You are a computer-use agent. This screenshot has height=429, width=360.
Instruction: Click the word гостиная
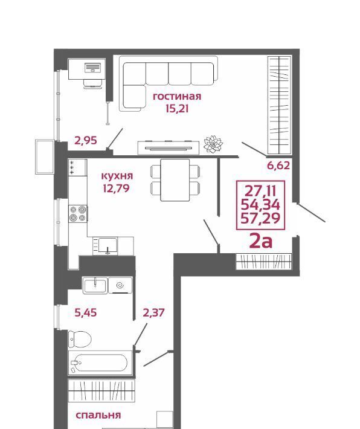(177, 97)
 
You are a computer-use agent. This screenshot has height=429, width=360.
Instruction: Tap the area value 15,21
(177, 109)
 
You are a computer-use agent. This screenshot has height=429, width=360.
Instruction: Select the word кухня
(117, 176)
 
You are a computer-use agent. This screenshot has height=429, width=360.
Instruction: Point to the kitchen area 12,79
(116, 189)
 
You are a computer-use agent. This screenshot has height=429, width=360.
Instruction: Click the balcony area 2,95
(86, 140)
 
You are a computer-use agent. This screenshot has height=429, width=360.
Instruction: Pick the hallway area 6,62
(278, 166)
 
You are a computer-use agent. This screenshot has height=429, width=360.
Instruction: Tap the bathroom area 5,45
(86, 312)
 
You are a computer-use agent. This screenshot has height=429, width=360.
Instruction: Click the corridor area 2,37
(154, 312)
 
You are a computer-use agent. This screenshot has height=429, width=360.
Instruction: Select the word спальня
(98, 415)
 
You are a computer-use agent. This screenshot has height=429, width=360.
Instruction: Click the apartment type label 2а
(261, 241)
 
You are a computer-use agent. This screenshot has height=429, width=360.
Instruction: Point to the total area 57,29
(260, 218)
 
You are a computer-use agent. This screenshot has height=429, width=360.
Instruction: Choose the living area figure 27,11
(260, 191)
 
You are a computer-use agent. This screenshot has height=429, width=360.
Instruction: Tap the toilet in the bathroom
(80, 339)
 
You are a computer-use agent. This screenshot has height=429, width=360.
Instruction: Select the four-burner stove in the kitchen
(78, 213)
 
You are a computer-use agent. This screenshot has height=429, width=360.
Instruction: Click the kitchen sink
(108, 245)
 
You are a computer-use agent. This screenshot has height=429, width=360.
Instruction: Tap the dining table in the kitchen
(175, 180)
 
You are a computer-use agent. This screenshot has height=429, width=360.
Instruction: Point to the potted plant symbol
(213, 144)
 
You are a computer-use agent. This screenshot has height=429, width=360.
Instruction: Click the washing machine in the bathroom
(120, 285)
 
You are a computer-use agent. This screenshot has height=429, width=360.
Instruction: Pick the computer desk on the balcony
(87, 69)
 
